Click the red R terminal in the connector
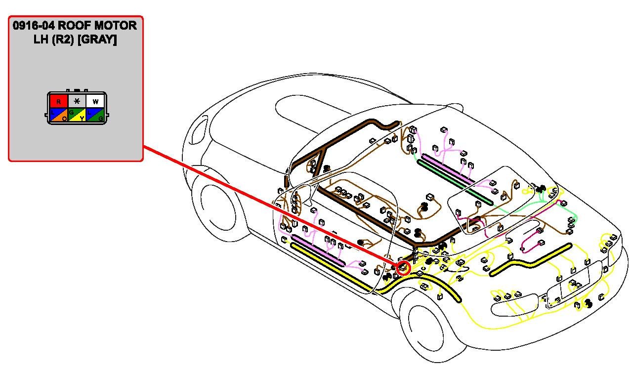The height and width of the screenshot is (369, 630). click(58, 101)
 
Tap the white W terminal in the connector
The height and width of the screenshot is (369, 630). click(95, 101)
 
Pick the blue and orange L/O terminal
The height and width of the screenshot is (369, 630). click(58, 115)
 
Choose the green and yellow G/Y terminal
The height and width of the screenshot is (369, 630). click(77, 115)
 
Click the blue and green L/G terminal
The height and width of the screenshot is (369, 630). click(95, 115)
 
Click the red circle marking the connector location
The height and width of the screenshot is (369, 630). click(404, 268)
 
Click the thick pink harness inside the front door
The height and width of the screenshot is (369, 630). click(319, 249)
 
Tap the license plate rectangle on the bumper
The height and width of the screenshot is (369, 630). click(575, 282)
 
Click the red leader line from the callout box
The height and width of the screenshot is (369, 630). click(272, 207)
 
